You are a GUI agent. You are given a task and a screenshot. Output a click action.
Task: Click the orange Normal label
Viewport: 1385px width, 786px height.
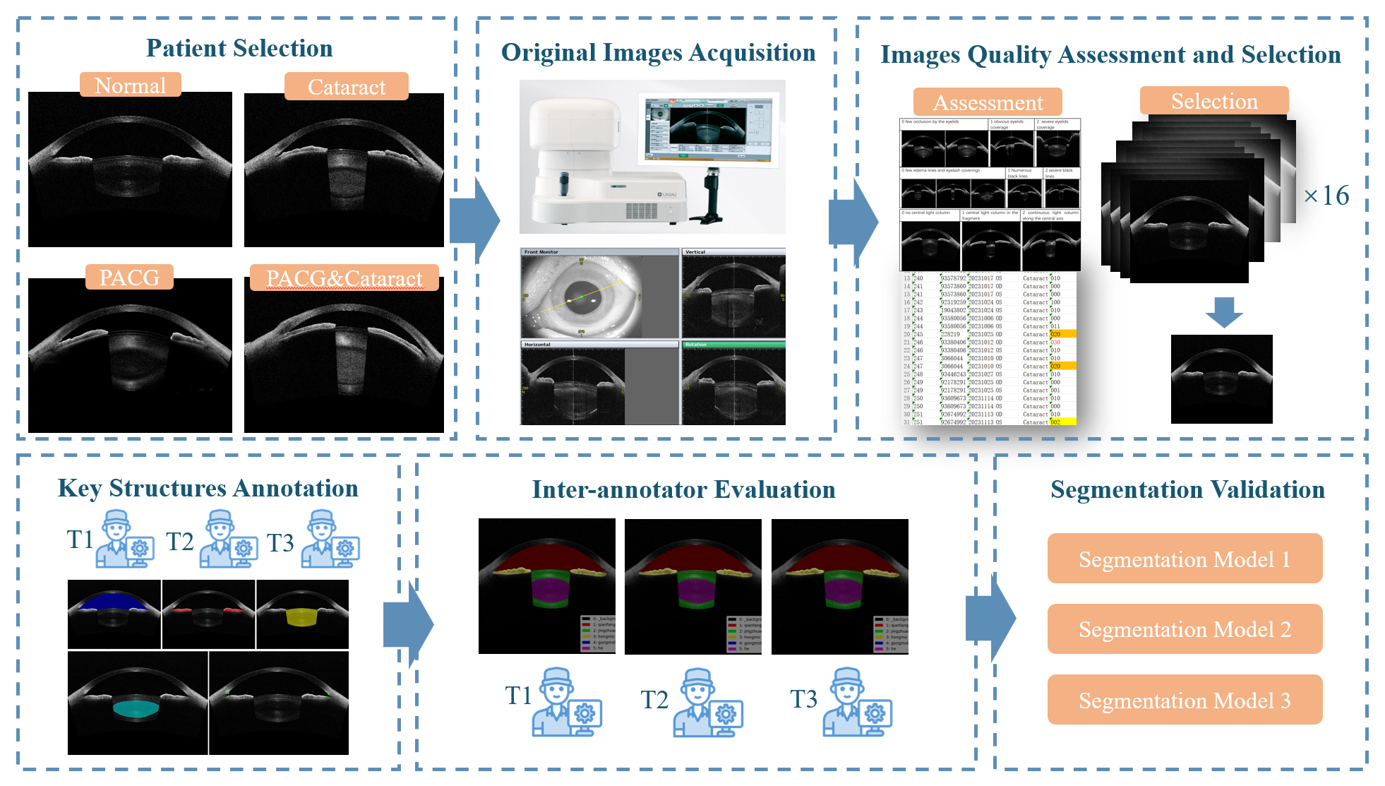pyautogui.click(x=131, y=85)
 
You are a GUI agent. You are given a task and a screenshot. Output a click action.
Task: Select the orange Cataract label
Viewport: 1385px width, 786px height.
pyautogui.click(x=346, y=87)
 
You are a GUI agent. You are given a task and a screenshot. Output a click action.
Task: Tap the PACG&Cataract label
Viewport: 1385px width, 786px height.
pyautogui.click(x=344, y=278)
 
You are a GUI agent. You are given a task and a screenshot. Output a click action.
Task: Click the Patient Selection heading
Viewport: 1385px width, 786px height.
pyautogui.click(x=239, y=48)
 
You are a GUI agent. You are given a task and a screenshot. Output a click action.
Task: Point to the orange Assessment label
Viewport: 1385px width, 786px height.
pyautogui.click(x=988, y=102)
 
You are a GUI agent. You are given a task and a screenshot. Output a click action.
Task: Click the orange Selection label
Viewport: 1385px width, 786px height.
pyautogui.click(x=1214, y=101)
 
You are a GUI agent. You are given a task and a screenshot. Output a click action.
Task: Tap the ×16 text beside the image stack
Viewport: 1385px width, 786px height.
pyautogui.click(x=1326, y=196)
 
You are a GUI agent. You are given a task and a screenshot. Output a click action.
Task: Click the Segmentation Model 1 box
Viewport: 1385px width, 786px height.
pyautogui.click(x=1185, y=559)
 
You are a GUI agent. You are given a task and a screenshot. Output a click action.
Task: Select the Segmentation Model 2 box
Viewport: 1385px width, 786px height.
pyautogui.click(x=1185, y=629)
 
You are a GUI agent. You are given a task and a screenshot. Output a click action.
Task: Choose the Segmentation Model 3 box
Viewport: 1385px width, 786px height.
pyautogui.click(x=1185, y=700)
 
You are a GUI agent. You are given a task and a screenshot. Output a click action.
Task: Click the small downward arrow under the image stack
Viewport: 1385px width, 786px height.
pyautogui.click(x=1224, y=312)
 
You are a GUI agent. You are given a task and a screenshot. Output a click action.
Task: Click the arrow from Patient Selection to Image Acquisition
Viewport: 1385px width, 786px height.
pyautogui.click(x=474, y=220)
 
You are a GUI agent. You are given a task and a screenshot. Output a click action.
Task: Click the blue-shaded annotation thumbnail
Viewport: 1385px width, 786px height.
pyautogui.click(x=114, y=614)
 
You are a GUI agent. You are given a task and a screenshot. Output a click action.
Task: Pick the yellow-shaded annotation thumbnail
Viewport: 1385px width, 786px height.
pyautogui.click(x=302, y=614)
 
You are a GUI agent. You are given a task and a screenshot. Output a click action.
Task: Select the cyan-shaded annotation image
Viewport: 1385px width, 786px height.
pyautogui.click(x=138, y=703)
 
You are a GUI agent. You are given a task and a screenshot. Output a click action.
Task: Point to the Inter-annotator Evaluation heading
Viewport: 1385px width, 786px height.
pyautogui.click(x=683, y=489)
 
